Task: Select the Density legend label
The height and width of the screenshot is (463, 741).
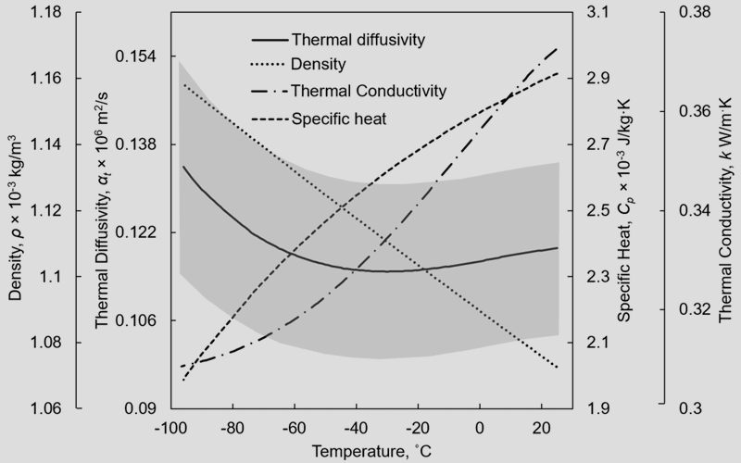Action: coord(318,66)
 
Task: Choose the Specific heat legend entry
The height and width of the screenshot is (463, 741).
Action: coord(338,118)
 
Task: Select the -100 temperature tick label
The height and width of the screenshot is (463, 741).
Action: coord(168,429)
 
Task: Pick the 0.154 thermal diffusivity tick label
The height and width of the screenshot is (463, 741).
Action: coord(133,57)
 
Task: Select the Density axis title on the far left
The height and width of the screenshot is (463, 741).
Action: coord(16,219)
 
